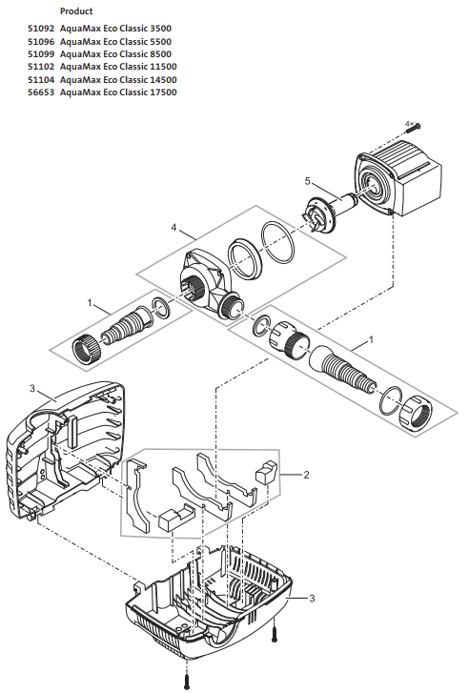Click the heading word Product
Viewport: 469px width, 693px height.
[75, 10]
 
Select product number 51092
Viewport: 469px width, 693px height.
[42, 31]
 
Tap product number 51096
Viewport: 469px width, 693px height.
[42, 43]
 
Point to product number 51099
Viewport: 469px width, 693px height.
[42, 55]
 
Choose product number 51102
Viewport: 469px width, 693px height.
[42, 68]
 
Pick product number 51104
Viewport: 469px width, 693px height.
[42, 80]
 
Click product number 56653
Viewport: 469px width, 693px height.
[42, 92]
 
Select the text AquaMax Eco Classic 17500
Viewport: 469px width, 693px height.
[118, 92]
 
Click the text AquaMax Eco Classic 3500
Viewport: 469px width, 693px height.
[115, 31]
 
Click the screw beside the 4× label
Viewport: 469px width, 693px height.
[420, 128]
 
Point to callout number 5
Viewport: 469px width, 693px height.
[307, 180]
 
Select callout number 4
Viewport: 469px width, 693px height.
[174, 228]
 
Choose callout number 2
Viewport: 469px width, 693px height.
[305, 473]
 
